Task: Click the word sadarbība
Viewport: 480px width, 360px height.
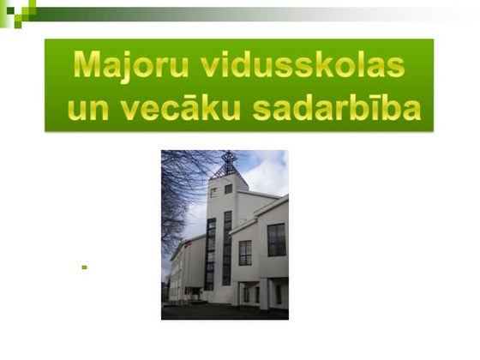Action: point(339,108)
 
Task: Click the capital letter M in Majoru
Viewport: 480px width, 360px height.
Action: point(88,64)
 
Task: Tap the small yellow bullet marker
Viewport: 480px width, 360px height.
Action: point(84,267)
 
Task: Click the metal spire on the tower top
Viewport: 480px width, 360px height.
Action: point(228,162)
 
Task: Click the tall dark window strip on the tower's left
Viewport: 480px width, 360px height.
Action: point(210,253)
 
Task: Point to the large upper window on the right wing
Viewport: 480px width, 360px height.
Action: point(276,239)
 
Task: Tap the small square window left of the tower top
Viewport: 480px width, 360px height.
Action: point(213,192)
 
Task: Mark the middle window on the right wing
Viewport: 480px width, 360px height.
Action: point(245,252)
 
